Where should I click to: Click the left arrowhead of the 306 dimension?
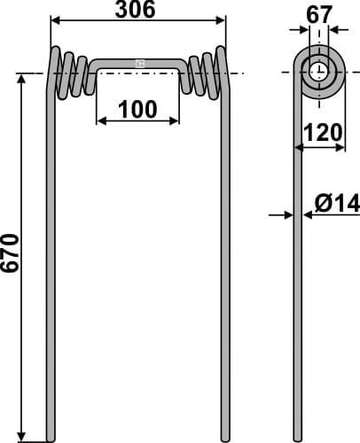click(x=53, y=20)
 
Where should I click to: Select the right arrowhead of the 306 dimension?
click(x=225, y=20)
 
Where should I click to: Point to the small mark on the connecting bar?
click(x=139, y=63)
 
